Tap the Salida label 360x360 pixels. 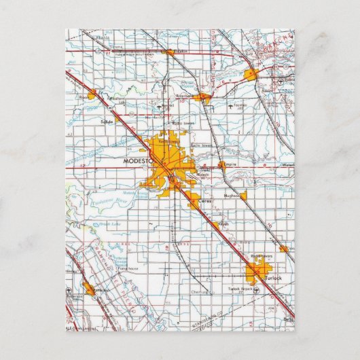coord(107,120)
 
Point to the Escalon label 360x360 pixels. coord(179,51)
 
